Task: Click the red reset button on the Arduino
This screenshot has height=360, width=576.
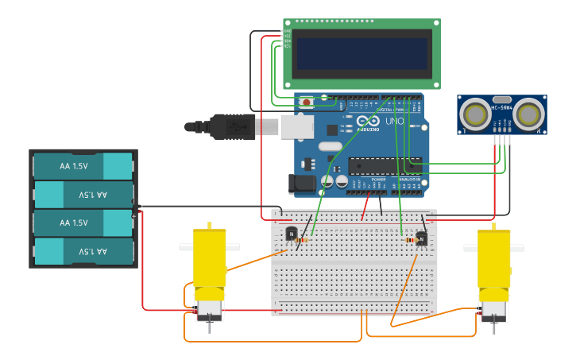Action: (x=305, y=101)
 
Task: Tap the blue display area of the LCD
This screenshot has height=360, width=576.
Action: (x=361, y=54)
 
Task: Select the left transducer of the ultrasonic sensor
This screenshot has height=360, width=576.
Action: (x=476, y=114)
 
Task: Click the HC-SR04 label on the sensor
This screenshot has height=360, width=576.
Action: (x=502, y=106)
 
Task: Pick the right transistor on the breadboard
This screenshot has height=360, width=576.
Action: (x=422, y=238)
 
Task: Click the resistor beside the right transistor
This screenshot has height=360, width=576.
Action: (x=410, y=240)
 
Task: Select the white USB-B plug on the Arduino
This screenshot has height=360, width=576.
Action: (x=297, y=126)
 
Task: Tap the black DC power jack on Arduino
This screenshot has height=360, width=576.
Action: (x=302, y=184)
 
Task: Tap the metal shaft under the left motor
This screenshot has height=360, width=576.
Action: (x=210, y=326)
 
